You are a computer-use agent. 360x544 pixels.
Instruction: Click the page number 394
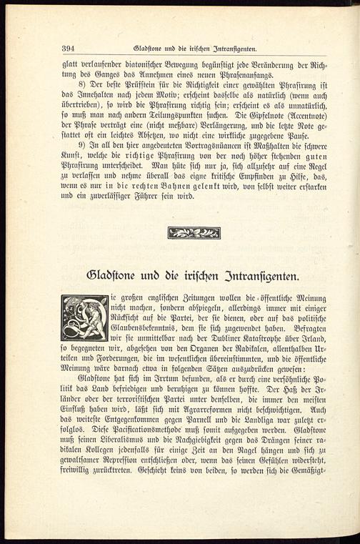69,49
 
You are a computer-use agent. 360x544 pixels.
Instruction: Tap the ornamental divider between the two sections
194,232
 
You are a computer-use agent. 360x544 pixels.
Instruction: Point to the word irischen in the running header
198,49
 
